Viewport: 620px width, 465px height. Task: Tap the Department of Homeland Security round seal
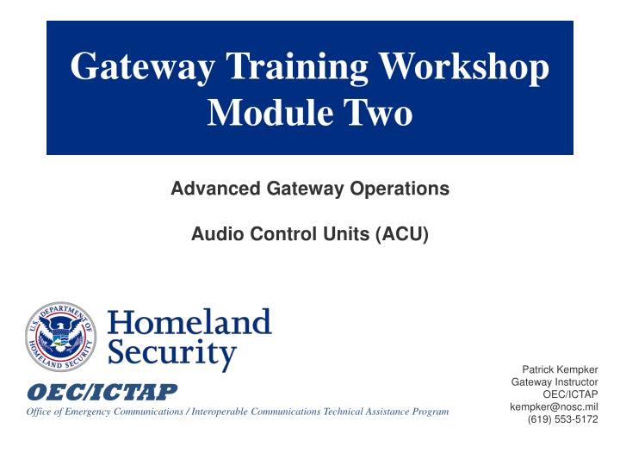coord(60,337)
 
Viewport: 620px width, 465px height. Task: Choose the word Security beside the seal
coord(171,354)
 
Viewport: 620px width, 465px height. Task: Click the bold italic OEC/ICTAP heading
coord(102,393)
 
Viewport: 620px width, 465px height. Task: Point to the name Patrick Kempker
coord(560,369)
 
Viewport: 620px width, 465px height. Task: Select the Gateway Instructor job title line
coord(555,381)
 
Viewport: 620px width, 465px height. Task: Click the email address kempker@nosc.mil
coord(554,406)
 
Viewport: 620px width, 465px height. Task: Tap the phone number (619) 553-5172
coord(562,419)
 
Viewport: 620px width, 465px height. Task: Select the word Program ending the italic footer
coord(430,412)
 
